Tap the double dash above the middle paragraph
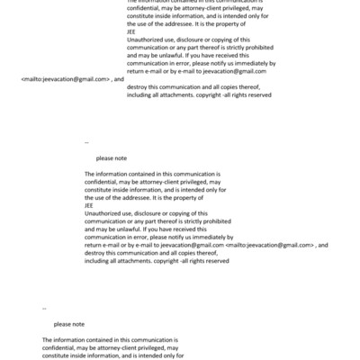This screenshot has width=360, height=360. [x=86, y=142]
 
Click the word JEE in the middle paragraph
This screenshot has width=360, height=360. [x=88, y=203]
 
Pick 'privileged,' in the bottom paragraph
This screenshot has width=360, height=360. [x=155, y=347]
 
